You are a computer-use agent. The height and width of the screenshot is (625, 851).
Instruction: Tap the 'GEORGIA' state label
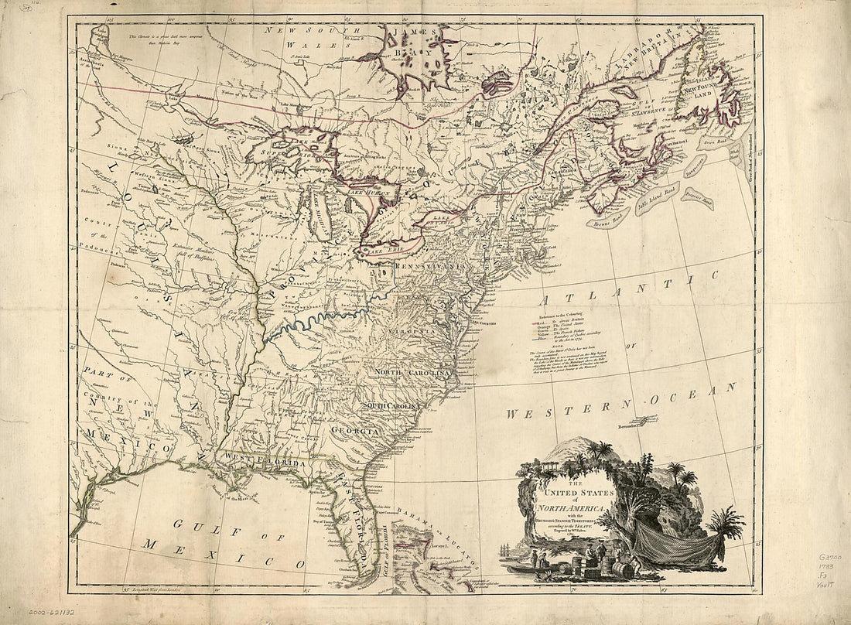355,431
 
